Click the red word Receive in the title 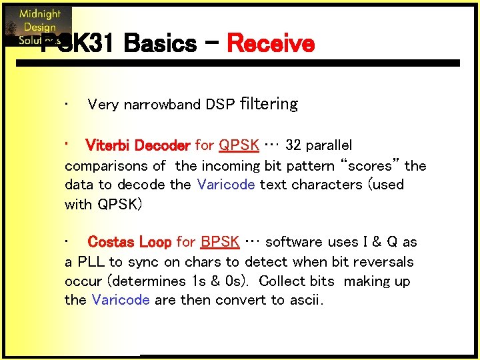(x=270, y=44)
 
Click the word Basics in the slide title (x=159, y=44)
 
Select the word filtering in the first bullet (x=268, y=104)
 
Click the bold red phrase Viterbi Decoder (x=138, y=145)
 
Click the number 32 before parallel (x=293, y=145)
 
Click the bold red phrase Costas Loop (x=129, y=242)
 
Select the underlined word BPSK (x=220, y=242)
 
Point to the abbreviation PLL (x=91, y=262)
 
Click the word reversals (x=379, y=262)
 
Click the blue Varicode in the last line (x=121, y=300)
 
